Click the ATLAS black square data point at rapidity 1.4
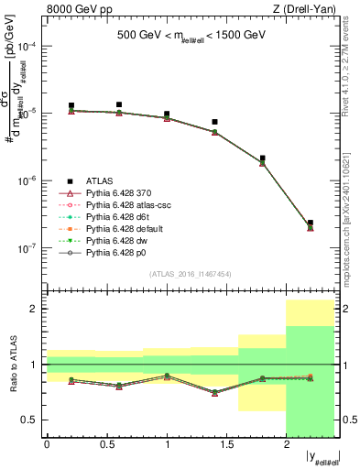tap(214, 122)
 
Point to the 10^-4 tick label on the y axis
tap(31, 46)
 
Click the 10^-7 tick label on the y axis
tap(31, 247)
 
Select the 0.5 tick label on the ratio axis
tap(32, 420)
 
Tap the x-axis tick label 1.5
tap(226, 446)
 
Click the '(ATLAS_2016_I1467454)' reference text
tap(190, 274)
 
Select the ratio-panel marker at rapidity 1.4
tap(214, 392)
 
